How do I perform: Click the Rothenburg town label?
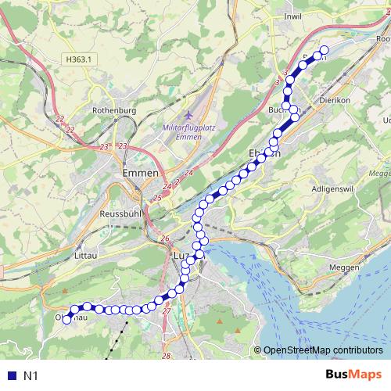(x=114, y=111)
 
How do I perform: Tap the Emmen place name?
(x=141, y=174)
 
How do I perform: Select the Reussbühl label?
(x=120, y=213)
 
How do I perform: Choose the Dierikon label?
(x=338, y=100)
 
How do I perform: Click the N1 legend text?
(x=31, y=376)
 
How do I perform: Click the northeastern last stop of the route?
(x=324, y=52)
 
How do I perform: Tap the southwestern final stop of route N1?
(x=67, y=319)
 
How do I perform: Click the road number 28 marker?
(x=166, y=357)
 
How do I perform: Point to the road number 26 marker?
(x=164, y=239)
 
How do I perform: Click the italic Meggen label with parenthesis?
(x=378, y=173)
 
